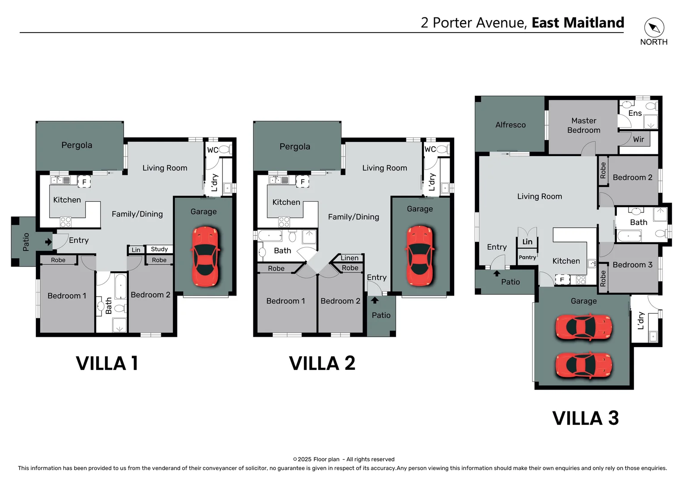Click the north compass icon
654,28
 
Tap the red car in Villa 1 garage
206,256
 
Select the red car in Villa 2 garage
420,256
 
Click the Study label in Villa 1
159,249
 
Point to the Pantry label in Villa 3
527,257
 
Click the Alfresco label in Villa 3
510,125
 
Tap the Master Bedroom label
584,125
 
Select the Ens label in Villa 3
635,113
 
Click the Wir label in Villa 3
638,139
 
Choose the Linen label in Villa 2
349,258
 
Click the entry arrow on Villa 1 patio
48,242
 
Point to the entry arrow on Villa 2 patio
375,300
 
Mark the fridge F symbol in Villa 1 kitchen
84,182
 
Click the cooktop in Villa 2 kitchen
284,222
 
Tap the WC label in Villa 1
212,150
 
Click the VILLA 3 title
585,418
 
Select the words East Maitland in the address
578,22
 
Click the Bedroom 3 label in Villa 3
632,265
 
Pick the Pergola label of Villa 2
295,146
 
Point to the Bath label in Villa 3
638,222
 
